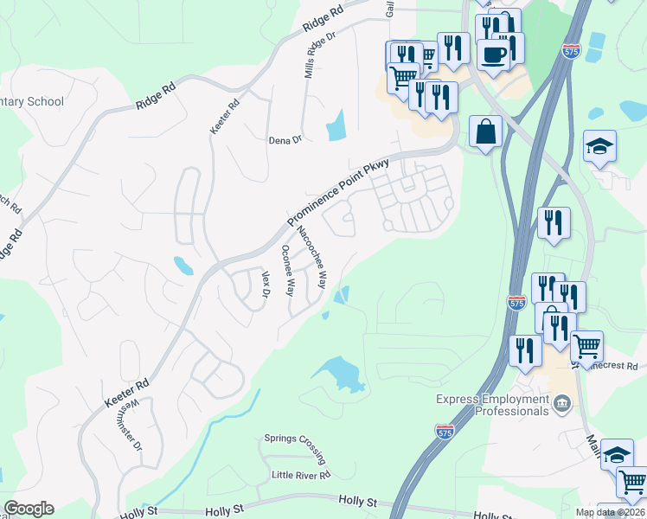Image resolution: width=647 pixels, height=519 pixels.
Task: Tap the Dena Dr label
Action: [285, 139]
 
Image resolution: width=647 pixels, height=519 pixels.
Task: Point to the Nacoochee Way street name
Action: [311, 257]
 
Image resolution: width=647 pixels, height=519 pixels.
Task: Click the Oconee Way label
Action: [288, 270]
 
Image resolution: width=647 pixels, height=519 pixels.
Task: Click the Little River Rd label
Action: [300, 476]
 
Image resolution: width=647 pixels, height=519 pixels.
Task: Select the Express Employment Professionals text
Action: [492, 405]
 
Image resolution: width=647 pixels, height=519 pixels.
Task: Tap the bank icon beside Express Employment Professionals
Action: [562, 402]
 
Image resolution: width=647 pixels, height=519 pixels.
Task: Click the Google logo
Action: [29, 509]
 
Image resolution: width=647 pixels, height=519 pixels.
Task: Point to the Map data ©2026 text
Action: [611, 512]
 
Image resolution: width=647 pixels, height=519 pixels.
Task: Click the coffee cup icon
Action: [494, 54]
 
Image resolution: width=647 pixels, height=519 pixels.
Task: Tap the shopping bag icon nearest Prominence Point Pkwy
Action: [486, 132]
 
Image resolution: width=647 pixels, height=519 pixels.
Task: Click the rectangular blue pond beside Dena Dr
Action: [335, 125]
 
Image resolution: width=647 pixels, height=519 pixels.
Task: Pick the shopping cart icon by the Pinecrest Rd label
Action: [587, 346]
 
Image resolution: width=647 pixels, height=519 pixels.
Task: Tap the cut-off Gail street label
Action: [390, 8]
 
